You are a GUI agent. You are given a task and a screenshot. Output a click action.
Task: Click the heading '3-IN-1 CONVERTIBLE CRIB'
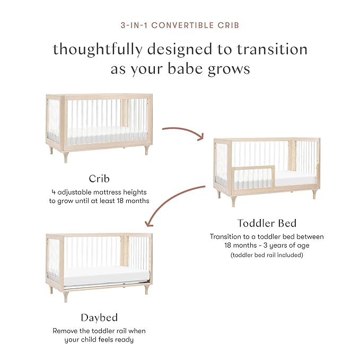point(180,24)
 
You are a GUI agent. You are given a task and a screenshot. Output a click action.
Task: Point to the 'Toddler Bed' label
point(266,223)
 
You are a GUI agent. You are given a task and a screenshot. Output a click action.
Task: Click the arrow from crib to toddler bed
point(183,131)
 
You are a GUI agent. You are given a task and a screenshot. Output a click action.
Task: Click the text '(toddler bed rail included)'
point(266,256)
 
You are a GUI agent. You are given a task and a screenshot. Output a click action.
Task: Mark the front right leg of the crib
point(146,150)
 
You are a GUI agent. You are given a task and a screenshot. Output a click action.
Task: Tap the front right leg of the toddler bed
point(314,194)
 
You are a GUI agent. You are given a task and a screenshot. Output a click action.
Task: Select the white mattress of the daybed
point(100,273)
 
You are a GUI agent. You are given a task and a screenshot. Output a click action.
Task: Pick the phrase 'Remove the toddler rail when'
point(99,330)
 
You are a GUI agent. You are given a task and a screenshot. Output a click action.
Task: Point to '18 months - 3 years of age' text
point(266,246)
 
